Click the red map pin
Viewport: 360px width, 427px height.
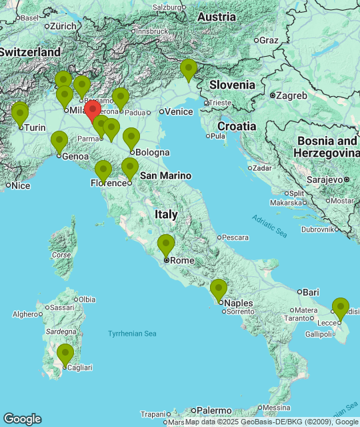coord(93,110)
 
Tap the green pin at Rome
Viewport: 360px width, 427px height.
coord(166,245)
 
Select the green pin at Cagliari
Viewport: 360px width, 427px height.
coord(65,354)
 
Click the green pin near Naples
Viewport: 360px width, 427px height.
coord(219,289)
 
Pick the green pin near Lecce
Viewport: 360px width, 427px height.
coord(341,308)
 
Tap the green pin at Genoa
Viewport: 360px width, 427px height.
coord(59,141)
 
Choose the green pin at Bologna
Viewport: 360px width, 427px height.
coord(131,138)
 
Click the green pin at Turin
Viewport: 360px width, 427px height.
coord(20,113)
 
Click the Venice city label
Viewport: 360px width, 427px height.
coord(178,112)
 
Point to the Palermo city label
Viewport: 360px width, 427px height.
coord(213,410)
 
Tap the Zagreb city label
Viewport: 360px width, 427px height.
coord(291,95)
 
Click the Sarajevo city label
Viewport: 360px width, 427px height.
coord(325,179)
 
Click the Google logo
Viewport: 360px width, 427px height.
coord(22,419)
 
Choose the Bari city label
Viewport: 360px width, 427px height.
coord(311,292)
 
